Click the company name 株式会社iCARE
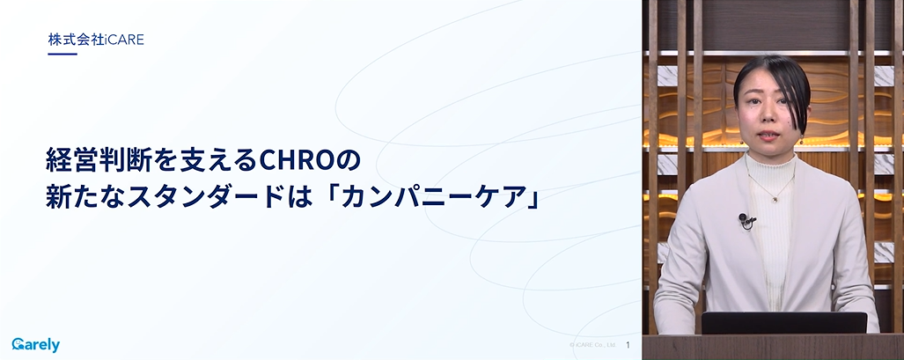pos(96,40)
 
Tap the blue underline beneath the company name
pos(62,54)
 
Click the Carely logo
pos(36,344)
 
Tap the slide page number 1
pos(628,345)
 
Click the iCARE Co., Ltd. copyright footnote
pos(592,345)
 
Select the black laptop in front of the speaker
pos(783,322)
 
